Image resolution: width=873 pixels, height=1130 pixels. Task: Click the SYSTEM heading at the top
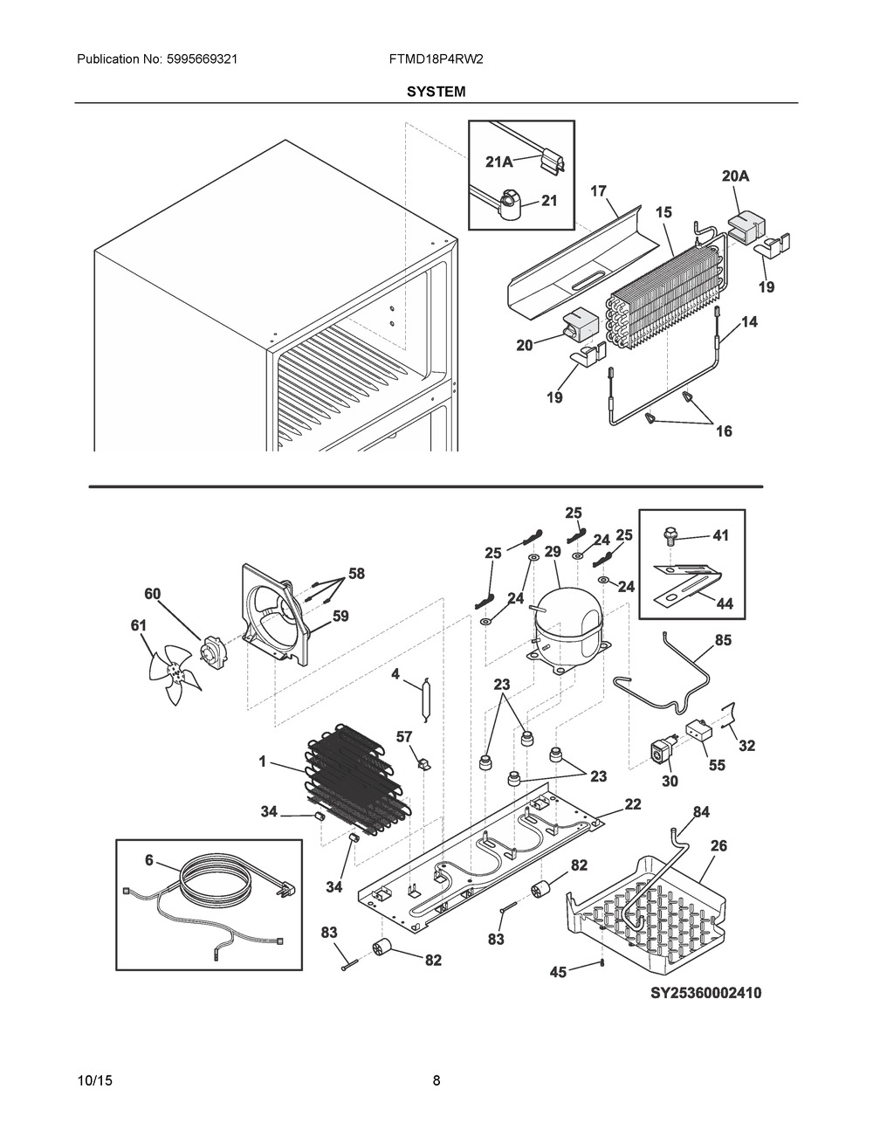click(436, 92)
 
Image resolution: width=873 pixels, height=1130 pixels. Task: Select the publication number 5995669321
click(202, 59)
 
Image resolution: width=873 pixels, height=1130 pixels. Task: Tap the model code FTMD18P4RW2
click(436, 59)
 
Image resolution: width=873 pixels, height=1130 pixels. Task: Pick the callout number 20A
click(735, 176)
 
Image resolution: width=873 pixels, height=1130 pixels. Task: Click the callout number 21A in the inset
click(499, 162)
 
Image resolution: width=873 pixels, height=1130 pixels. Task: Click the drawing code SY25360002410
click(706, 993)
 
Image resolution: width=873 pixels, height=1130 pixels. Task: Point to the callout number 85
click(724, 639)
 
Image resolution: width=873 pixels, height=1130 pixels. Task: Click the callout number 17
click(599, 191)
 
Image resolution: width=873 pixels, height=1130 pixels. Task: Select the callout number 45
click(558, 971)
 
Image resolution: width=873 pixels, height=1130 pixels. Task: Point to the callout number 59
click(340, 617)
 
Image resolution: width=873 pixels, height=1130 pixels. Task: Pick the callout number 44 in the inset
click(725, 603)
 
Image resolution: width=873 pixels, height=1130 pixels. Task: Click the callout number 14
click(749, 322)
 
